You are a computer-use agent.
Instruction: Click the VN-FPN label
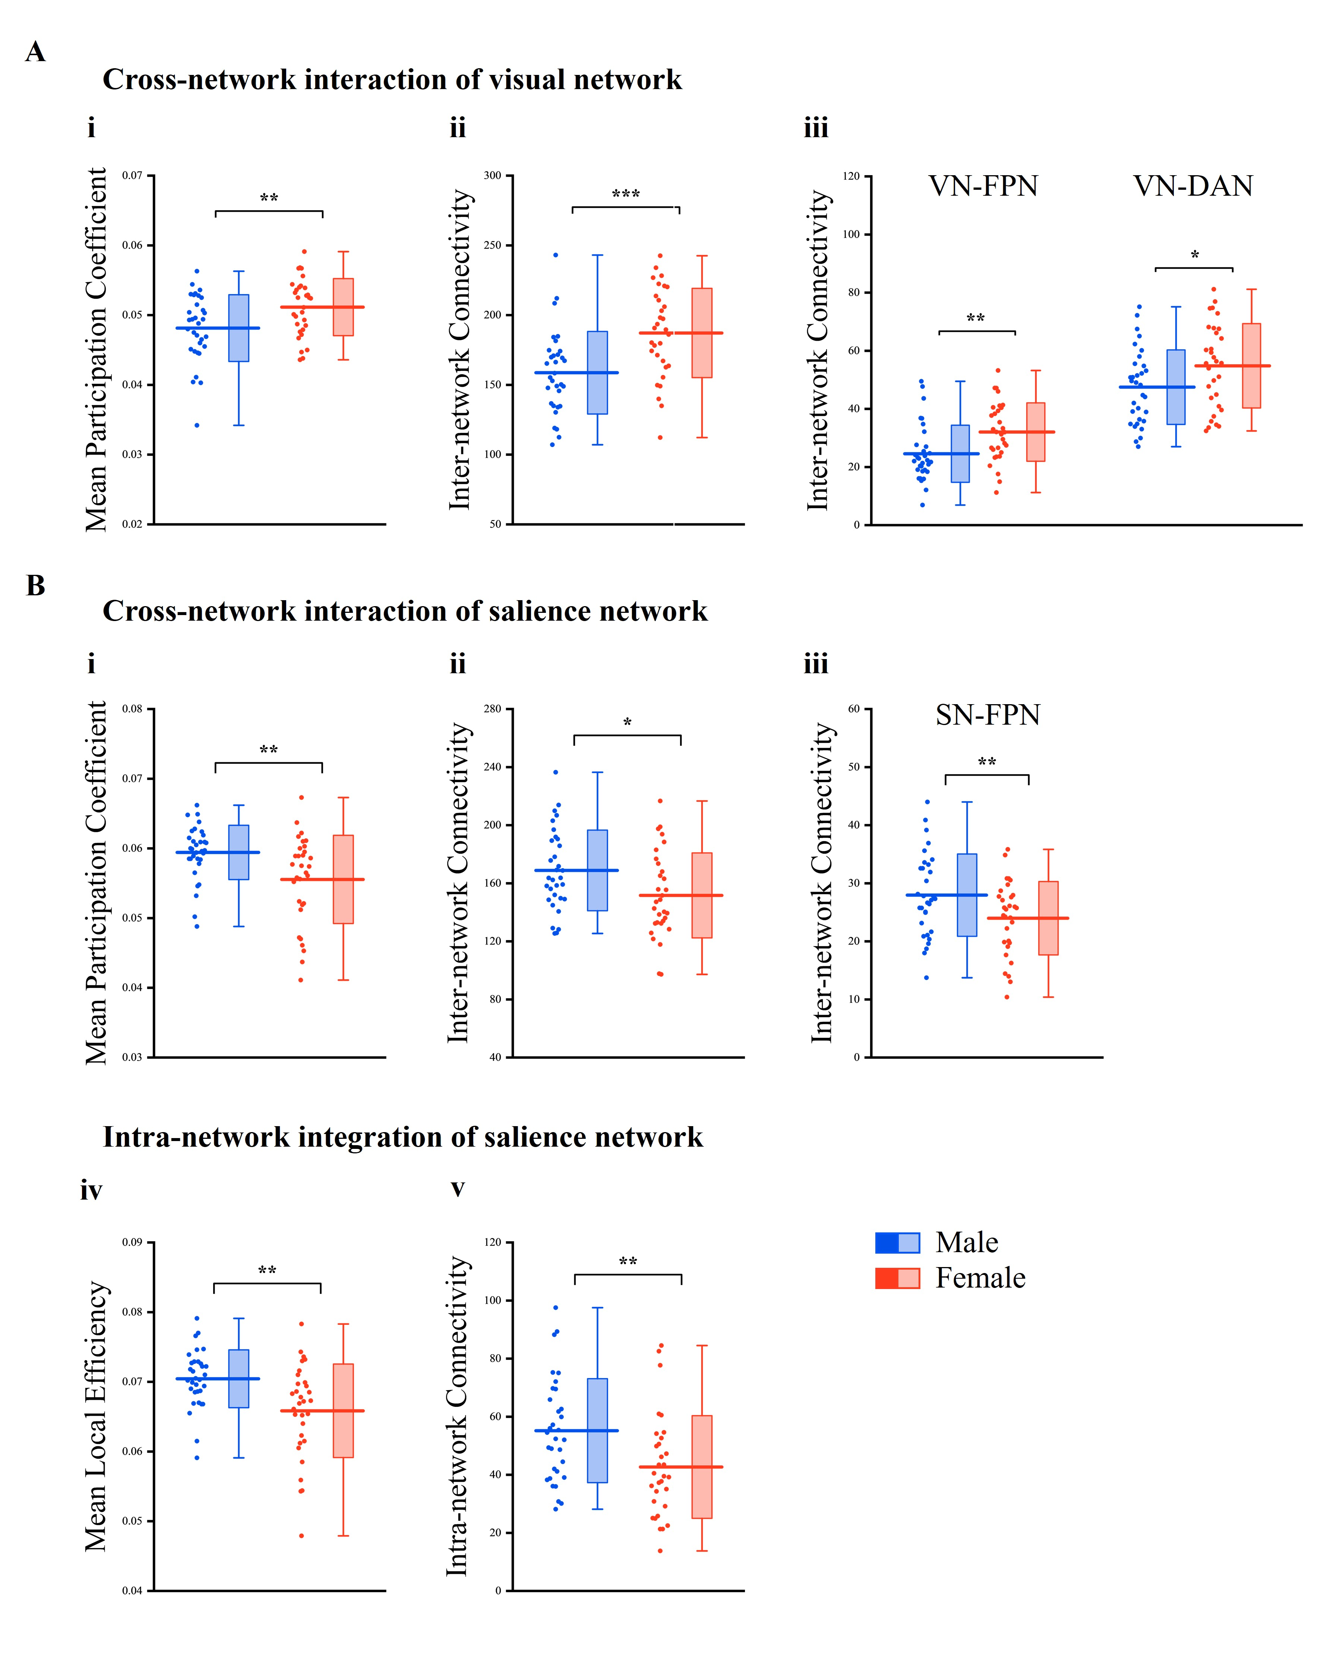[x=983, y=186]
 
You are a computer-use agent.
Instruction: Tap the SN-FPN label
[x=987, y=715]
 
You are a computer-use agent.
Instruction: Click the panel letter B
[x=35, y=586]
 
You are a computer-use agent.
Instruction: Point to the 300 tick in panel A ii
[x=493, y=176]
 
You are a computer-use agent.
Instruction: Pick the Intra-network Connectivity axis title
[x=457, y=1416]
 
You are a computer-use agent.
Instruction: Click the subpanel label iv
[x=91, y=1190]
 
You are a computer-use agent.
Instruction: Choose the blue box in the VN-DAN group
[x=1176, y=387]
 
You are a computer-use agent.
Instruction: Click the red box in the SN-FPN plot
[x=1048, y=918]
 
